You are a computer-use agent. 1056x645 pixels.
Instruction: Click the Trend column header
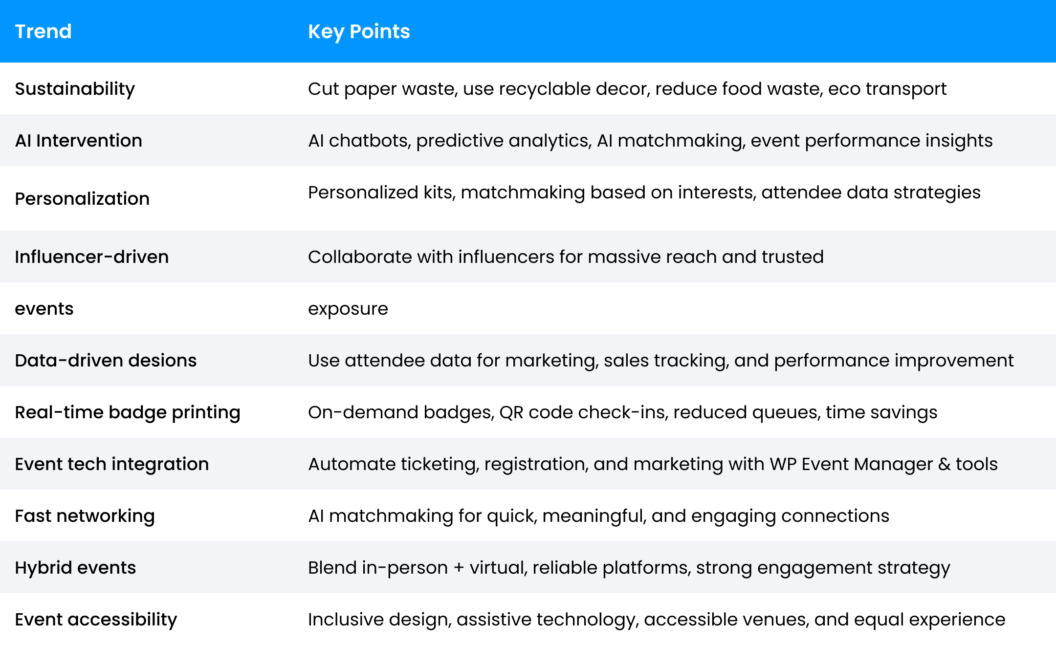[x=43, y=32]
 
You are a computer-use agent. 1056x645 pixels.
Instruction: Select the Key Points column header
[x=358, y=32]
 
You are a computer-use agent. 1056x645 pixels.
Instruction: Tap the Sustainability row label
[x=75, y=89]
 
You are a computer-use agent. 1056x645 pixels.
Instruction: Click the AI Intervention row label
[x=78, y=141]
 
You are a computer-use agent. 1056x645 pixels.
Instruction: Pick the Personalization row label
[x=82, y=199]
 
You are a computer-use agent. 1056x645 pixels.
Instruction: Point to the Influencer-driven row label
[x=91, y=257]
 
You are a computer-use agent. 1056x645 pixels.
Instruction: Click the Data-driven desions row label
[x=106, y=361]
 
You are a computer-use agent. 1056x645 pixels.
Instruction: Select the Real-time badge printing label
[x=127, y=413]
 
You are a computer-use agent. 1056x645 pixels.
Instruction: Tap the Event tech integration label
[x=111, y=464]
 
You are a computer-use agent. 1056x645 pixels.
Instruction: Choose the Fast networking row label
[x=85, y=516]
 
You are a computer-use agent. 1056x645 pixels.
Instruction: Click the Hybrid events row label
[x=75, y=568]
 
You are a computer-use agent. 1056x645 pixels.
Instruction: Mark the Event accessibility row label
[x=96, y=620]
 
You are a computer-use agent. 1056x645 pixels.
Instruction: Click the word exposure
[x=348, y=309]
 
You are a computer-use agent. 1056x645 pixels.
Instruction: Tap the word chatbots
[x=370, y=141]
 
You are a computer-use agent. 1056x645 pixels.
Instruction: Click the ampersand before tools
[x=944, y=464]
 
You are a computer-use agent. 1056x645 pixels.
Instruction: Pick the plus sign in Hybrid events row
[x=459, y=568]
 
